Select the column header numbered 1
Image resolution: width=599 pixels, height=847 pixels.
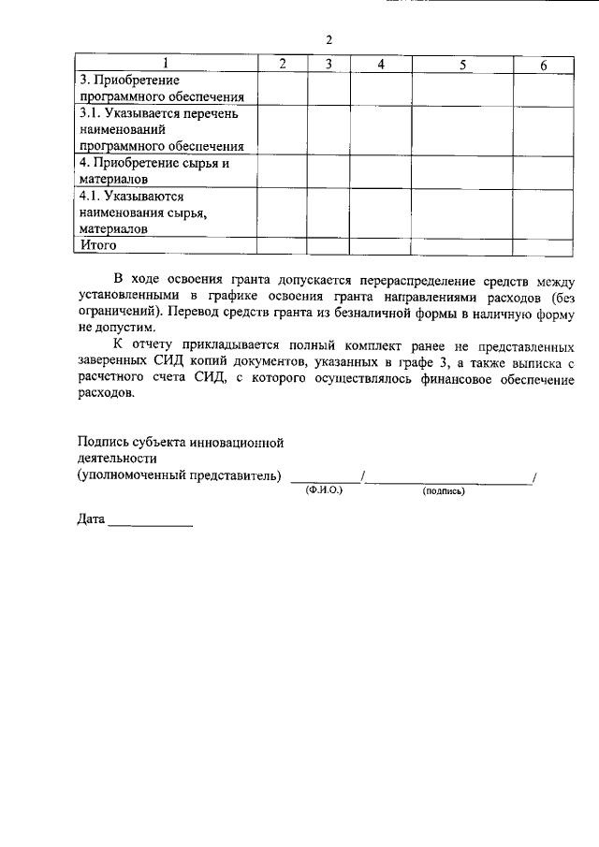tap(166, 64)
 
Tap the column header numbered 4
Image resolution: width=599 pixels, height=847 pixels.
tap(381, 64)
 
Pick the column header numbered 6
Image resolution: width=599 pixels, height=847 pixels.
tap(544, 64)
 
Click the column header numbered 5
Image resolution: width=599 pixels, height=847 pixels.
tap(463, 64)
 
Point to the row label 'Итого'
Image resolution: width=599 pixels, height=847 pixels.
tap(97, 244)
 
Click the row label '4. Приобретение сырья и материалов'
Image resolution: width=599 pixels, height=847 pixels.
tap(154, 170)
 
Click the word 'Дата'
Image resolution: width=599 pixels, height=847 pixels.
tap(91, 519)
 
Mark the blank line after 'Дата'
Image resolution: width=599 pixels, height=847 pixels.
tap(150, 522)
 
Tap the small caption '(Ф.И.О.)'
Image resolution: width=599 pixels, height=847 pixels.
tap(325, 489)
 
